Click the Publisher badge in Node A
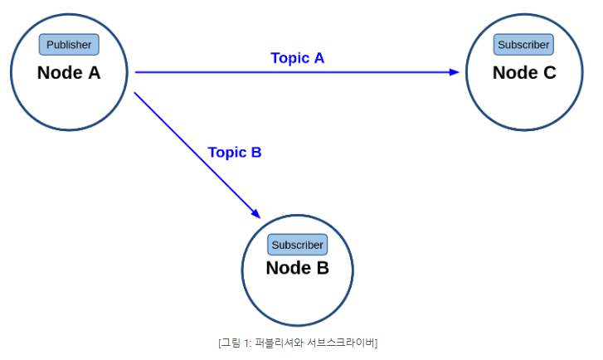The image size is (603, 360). pos(69,45)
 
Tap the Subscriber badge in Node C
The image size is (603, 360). pos(523,45)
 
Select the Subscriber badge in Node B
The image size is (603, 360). pos(297,245)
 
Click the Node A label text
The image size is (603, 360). pos(69,73)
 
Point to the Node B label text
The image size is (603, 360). pos(297,268)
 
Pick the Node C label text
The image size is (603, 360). pos(524,73)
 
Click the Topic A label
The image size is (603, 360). pos(297,58)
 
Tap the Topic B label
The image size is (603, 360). pos(235,153)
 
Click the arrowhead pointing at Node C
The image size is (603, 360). pos(455,72)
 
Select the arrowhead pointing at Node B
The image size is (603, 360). pos(256,214)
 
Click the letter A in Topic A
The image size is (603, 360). pos(319,58)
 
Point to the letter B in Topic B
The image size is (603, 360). pos(256,153)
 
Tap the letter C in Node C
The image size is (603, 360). pos(550,73)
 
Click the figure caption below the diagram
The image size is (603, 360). pos(298,343)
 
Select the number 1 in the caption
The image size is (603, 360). pos(246,343)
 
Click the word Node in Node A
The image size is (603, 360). pos(60,73)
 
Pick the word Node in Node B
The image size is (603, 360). pos(289,268)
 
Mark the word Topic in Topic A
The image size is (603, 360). pos(290,59)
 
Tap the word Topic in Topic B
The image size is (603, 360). pos(227,153)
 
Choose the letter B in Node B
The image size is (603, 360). pos(323,268)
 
